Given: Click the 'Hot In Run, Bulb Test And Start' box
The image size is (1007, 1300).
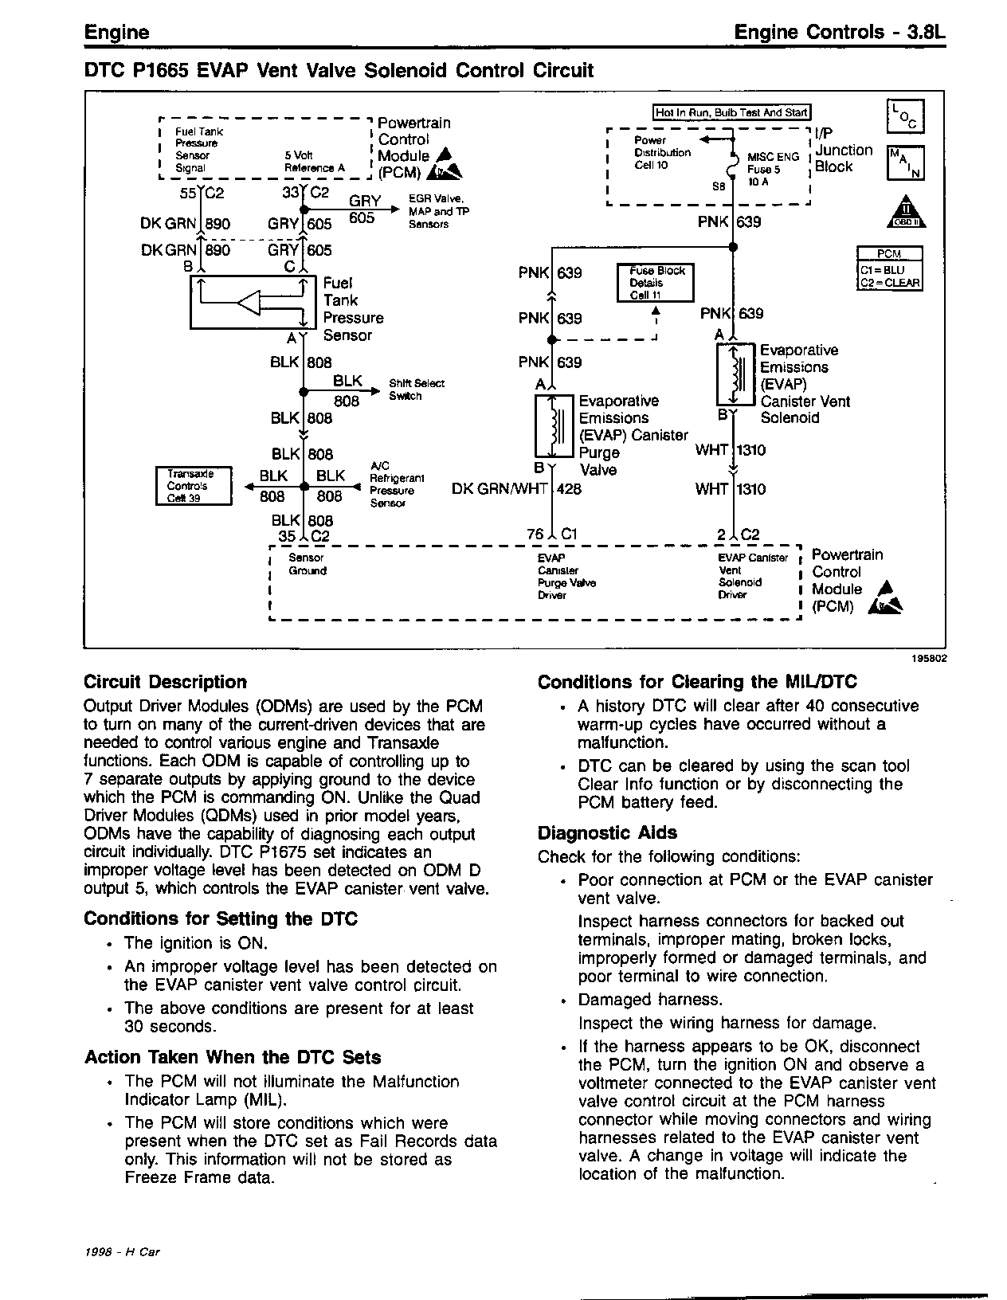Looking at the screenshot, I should coord(731,113).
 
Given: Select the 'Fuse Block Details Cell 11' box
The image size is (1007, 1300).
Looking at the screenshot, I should coord(656,283).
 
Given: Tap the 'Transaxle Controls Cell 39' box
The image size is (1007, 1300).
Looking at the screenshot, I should coord(193,486).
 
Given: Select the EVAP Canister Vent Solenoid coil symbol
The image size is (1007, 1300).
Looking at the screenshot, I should coord(737,374).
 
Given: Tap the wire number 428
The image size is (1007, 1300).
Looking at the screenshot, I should coord(569,489).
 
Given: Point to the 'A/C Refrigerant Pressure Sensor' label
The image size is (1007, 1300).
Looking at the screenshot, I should coord(396,484).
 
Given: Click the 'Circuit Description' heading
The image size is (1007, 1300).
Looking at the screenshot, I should coord(165,682).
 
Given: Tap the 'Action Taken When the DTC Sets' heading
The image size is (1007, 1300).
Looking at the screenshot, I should coord(233,1058).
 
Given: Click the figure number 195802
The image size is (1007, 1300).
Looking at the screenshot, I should coord(908,658).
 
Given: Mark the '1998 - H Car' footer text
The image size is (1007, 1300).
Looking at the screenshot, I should coord(123,1252).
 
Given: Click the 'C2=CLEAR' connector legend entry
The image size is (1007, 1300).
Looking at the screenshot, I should coord(889,283).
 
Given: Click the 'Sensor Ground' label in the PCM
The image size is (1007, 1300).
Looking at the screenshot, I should coord(307,565).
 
